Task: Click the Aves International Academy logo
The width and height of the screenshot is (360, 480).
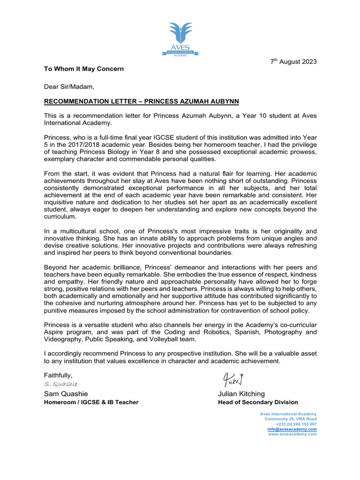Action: point(180,39)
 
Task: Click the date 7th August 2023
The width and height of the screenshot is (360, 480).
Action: point(293,62)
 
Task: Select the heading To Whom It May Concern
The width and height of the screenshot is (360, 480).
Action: point(84,69)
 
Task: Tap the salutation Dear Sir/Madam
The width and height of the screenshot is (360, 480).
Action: point(69,86)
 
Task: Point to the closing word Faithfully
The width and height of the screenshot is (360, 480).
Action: point(58,375)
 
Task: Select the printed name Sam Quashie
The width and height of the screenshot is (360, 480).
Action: point(66,394)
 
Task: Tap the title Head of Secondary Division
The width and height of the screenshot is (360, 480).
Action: point(258,402)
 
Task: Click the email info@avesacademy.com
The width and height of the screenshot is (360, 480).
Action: point(292,429)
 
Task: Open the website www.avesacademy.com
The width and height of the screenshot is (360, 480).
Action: point(292,434)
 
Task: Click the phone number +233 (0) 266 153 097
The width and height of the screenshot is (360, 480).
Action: point(296,424)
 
